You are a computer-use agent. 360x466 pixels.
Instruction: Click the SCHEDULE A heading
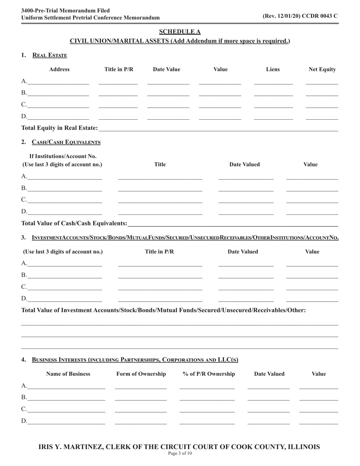click(180, 31)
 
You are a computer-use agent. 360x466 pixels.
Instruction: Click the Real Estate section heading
click(50, 55)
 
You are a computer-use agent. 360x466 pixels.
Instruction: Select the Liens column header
click(273, 69)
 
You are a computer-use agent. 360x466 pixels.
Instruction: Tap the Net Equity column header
click(322, 69)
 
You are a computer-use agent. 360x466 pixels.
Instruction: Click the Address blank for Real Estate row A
click(58, 82)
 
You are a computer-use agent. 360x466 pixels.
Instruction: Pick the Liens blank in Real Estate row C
click(273, 105)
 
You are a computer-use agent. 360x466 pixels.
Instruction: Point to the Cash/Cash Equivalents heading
click(66, 142)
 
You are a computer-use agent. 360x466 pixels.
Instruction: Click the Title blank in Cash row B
click(160, 189)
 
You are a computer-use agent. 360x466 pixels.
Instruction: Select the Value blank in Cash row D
click(312, 212)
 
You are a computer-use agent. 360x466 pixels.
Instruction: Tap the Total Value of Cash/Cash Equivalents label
click(74, 224)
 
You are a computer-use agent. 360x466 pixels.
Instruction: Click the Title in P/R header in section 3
click(160, 252)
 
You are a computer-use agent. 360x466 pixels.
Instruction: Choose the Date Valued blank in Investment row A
click(246, 264)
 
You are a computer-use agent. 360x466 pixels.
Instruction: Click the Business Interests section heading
click(135, 360)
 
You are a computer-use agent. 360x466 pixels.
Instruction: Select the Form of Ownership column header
click(141, 374)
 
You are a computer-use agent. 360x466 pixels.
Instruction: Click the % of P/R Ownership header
click(209, 374)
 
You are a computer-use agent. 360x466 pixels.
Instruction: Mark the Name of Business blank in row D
click(66, 421)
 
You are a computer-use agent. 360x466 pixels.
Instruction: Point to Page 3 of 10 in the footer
click(180, 453)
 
